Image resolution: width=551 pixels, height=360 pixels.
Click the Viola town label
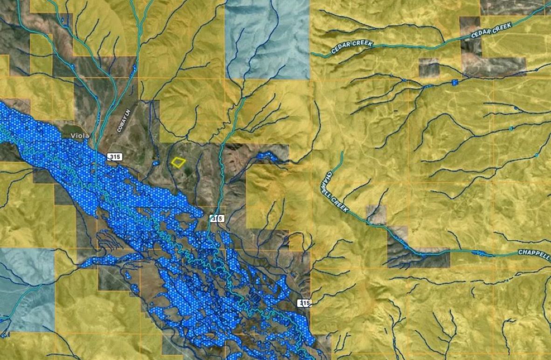[x=79, y=136]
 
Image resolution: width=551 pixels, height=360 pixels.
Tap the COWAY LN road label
[x=122, y=118]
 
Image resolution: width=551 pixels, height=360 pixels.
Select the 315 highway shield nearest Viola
[x=114, y=157]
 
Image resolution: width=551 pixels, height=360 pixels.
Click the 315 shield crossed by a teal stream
[x=217, y=218]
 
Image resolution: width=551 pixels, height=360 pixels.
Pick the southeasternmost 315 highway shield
[x=304, y=303]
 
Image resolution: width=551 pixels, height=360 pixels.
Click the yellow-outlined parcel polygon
[x=178, y=162]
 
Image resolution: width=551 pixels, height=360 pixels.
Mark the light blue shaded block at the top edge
[x=267, y=40]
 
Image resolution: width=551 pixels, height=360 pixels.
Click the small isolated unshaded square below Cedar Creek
[x=429, y=68]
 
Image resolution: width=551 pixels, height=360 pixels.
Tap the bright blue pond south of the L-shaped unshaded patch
[x=455, y=83]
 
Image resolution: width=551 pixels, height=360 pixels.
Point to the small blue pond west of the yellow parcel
[x=156, y=163]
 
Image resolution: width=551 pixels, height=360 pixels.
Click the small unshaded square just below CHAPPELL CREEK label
[x=376, y=214]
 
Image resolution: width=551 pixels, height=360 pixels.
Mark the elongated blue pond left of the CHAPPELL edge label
[x=480, y=253]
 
